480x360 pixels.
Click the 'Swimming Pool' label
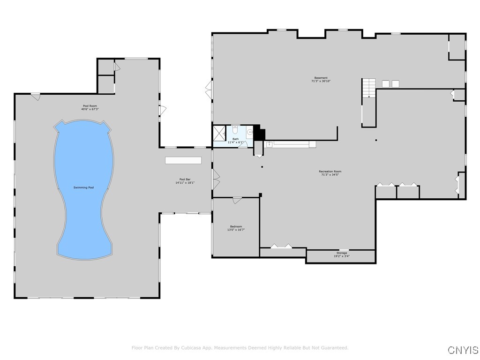pos(83,187)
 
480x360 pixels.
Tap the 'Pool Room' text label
pos(90,106)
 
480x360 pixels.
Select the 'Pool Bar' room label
pos(185,179)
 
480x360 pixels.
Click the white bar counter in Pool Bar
pos(183,160)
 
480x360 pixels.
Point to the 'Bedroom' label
pos(236,226)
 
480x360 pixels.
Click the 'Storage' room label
pos(341,253)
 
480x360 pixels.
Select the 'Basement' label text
pos(321,78)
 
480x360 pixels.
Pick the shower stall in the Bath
pos(219,133)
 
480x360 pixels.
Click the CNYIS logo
pos(463,350)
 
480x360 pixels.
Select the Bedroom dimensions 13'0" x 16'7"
pos(236,230)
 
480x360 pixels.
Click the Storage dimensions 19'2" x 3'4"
pos(341,256)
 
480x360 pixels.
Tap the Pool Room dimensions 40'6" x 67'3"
pos(90,109)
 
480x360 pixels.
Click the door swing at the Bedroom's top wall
pos(237,201)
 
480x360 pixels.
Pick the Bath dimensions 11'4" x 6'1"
pos(236,142)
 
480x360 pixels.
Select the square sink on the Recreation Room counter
pos(269,144)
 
